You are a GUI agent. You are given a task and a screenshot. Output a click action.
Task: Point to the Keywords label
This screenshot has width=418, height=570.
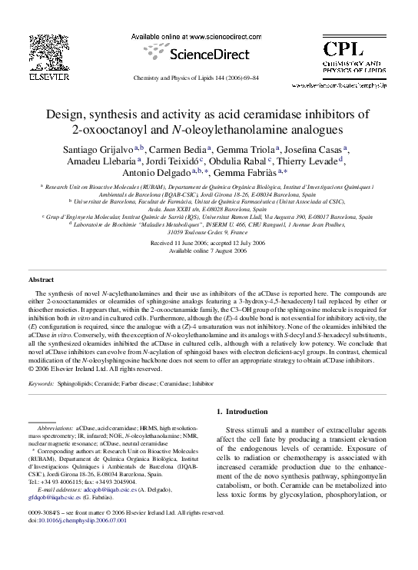click(42, 381)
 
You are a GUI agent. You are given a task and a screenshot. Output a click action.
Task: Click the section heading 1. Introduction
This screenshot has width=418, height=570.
click(249, 412)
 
